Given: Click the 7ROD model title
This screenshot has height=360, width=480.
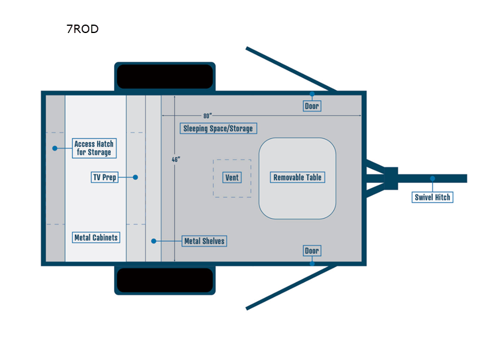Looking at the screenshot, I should pyautogui.click(x=82, y=29).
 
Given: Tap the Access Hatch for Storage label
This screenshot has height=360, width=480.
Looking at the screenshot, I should pyautogui.click(x=94, y=148).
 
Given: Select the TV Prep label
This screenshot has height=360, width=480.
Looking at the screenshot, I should pyautogui.click(x=104, y=178).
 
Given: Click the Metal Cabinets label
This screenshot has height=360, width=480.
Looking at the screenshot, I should pyautogui.click(x=96, y=238).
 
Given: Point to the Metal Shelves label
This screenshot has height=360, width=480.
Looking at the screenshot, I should pyautogui.click(x=204, y=241).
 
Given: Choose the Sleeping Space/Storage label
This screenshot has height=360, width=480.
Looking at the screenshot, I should pyautogui.click(x=218, y=128).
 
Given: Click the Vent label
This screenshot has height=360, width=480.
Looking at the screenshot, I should pyautogui.click(x=231, y=178).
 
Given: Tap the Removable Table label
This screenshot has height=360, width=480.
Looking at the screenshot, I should pyautogui.click(x=298, y=178).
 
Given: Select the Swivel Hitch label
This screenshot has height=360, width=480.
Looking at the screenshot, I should pyautogui.click(x=433, y=197).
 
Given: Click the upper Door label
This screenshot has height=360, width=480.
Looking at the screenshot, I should pyautogui.click(x=312, y=106).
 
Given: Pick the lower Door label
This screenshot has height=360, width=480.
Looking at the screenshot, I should pyautogui.click(x=312, y=250).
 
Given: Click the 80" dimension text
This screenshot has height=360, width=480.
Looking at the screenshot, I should pyautogui.click(x=208, y=115).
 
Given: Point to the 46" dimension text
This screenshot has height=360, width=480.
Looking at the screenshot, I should pyautogui.click(x=176, y=160).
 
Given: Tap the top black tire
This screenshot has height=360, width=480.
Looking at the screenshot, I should pyautogui.click(x=164, y=76).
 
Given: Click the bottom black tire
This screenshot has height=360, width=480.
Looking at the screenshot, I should pyautogui.click(x=164, y=280).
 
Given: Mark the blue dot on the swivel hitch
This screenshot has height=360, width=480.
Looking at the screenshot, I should pyautogui.click(x=431, y=178).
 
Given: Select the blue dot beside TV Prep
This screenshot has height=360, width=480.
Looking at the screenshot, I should pyautogui.click(x=136, y=178).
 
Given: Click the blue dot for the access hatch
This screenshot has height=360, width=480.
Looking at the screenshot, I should pyautogui.click(x=54, y=148).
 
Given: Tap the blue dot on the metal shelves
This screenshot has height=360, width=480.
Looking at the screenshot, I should pyautogui.click(x=154, y=241).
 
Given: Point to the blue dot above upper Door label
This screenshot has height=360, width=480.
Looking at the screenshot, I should pyautogui.click(x=312, y=94).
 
